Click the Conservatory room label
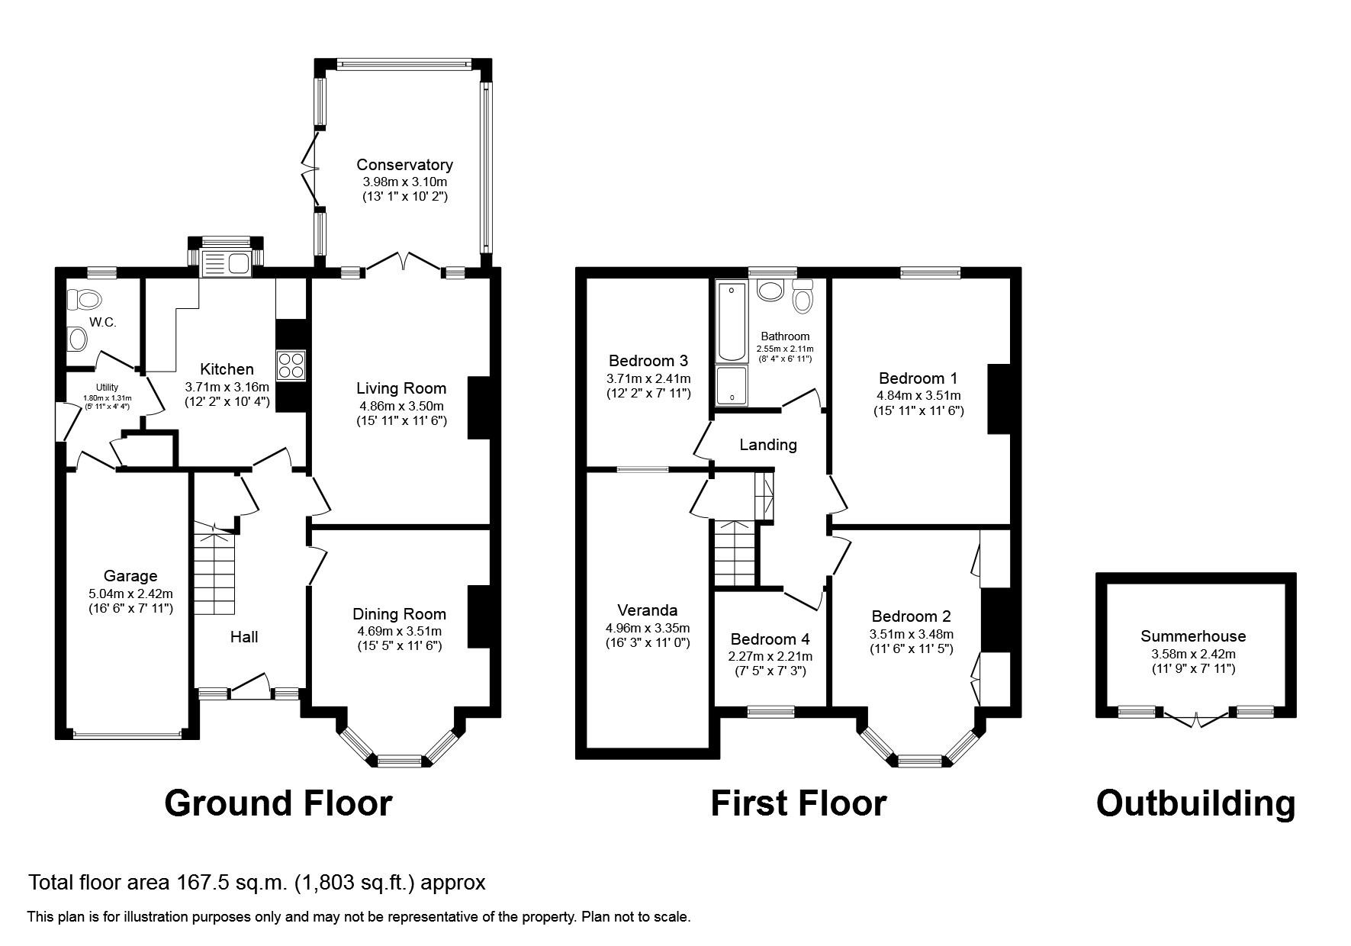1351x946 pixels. (404, 165)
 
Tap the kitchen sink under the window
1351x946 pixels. (227, 264)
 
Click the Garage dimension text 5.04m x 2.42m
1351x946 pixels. (130, 594)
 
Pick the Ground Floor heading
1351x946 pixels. (278, 803)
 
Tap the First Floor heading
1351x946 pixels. (799, 803)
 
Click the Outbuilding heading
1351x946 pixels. (1195, 803)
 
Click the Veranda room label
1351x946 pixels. (647, 610)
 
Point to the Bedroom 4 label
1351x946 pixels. (770, 639)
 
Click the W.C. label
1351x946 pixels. (103, 323)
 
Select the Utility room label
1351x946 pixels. (107, 388)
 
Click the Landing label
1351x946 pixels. (768, 445)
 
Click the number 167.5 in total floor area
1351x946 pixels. (204, 883)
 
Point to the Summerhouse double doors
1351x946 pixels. (1196, 717)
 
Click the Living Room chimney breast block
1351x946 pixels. (478, 407)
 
